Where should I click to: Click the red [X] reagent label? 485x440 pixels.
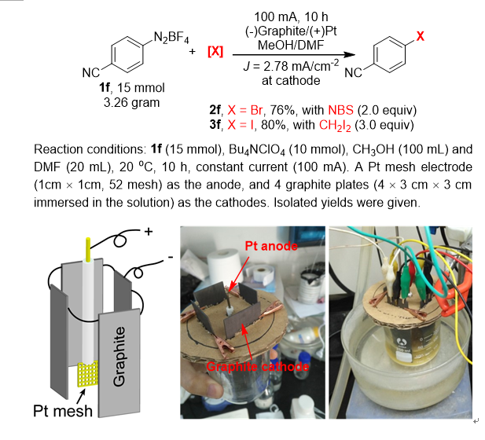(215, 53)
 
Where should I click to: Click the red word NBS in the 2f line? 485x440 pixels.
(343, 108)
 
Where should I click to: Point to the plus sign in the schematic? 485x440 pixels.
(147, 233)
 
